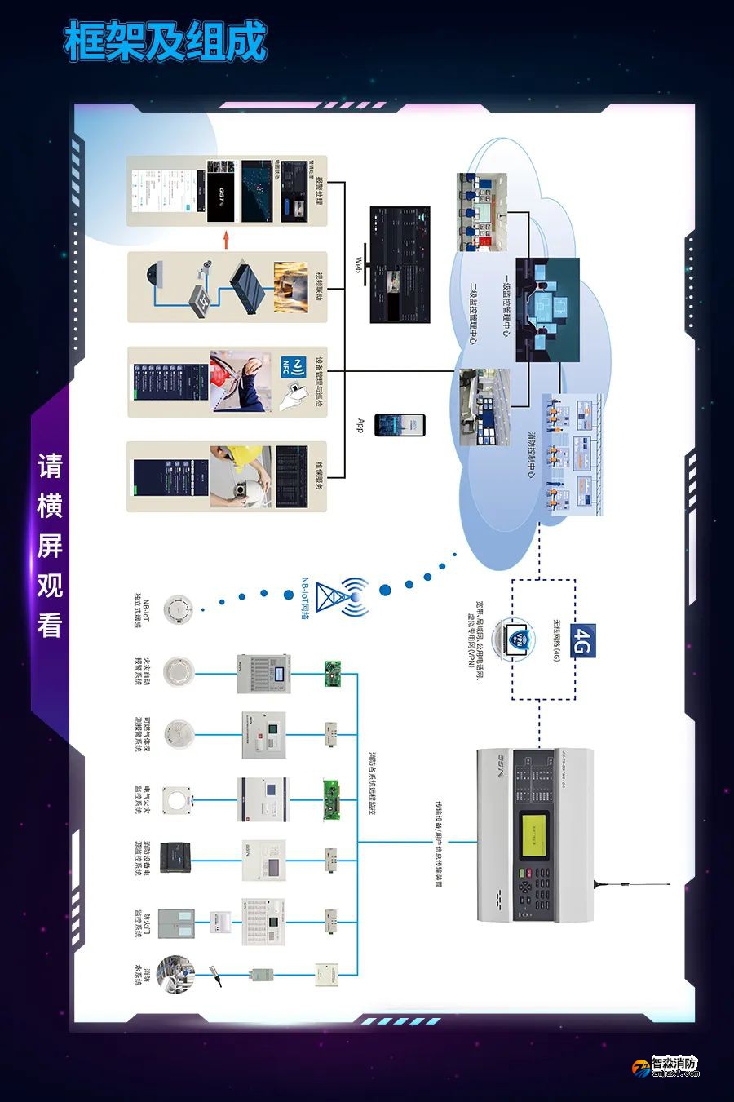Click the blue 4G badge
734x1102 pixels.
tap(582, 640)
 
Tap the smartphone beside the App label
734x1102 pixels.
tap(400, 425)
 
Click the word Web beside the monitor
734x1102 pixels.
tap(358, 266)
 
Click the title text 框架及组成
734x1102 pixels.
tap(166, 42)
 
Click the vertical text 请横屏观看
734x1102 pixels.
tap(50, 545)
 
